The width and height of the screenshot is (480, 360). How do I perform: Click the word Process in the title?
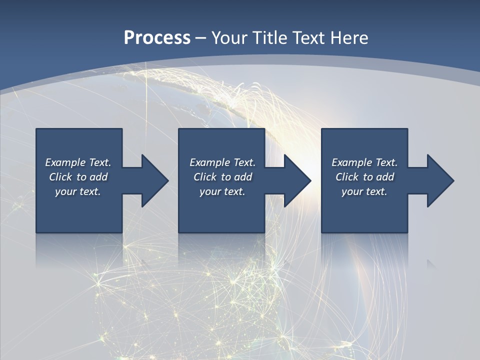157,38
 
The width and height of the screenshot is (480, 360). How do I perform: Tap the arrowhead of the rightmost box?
439,180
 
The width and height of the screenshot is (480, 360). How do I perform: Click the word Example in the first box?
65,162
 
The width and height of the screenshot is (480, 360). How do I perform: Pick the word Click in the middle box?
205,177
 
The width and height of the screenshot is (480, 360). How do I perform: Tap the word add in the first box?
98,177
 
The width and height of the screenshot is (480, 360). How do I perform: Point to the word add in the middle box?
243,177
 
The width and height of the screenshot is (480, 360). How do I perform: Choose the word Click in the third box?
347,177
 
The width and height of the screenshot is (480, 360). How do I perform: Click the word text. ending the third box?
376,191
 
